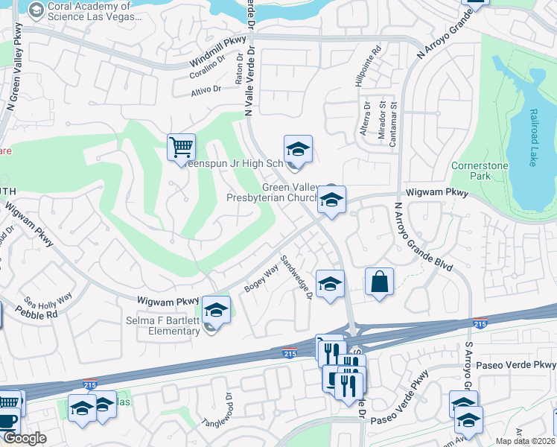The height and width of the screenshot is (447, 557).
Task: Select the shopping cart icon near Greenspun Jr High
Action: [x=181, y=148]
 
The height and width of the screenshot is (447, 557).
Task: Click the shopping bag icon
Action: [x=379, y=282]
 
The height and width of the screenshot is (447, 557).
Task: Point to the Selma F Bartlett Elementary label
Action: [x=163, y=326]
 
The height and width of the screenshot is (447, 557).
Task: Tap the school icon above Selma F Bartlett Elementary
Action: [x=216, y=309]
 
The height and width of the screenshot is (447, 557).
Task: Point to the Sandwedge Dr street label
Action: [x=296, y=278]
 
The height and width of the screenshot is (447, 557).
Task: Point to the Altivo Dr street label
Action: [x=207, y=89]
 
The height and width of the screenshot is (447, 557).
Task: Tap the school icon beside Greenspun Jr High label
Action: [x=297, y=149]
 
